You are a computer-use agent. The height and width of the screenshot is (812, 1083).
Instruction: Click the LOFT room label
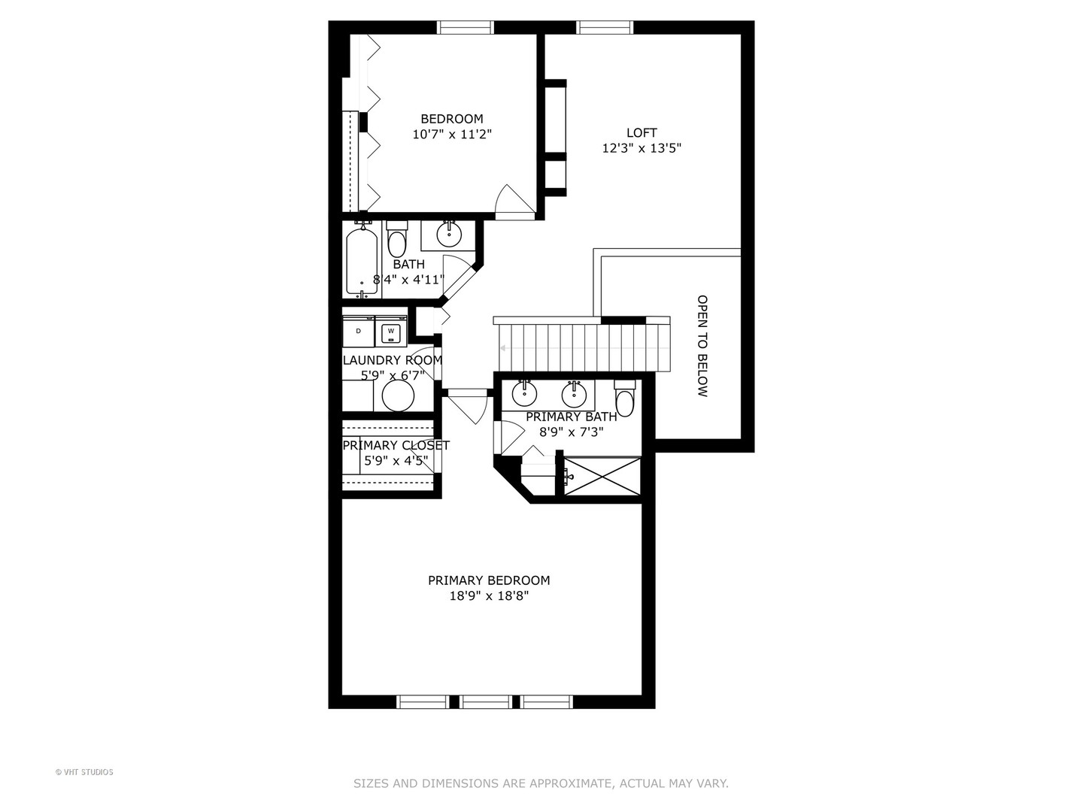tap(642, 132)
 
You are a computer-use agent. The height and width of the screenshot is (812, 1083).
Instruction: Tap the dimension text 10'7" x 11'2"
tap(452, 135)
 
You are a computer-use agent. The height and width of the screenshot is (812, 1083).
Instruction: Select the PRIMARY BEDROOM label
tap(489, 580)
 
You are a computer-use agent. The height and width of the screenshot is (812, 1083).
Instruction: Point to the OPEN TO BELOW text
tap(702, 345)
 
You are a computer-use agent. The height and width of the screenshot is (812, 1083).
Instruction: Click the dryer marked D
tap(359, 331)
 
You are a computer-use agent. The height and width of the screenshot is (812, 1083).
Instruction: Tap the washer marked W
tap(390, 332)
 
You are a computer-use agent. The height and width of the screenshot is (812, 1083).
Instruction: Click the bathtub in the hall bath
tap(362, 261)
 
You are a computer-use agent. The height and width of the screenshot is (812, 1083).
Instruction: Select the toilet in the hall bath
tap(396, 240)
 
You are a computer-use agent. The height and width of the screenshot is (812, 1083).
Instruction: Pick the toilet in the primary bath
tap(624, 396)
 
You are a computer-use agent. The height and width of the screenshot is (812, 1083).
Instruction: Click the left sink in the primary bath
tap(524, 393)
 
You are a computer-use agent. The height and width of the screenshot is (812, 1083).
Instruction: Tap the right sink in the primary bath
tap(574, 393)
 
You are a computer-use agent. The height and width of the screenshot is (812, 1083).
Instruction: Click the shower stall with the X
tap(602, 476)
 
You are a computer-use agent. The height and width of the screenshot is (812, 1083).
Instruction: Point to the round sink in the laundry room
tap(398, 395)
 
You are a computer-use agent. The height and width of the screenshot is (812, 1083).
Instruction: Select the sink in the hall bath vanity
tap(449, 234)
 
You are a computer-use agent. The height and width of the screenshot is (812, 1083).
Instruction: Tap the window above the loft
tap(605, 28)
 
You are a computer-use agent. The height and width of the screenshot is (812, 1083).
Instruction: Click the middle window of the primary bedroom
tap(486, 702)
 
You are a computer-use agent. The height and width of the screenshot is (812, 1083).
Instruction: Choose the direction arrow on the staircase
tap(502, 348)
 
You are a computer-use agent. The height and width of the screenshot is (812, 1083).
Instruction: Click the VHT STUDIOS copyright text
tap(84, 772)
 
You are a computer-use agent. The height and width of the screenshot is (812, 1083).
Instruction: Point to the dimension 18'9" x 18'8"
tap(489, 596)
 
